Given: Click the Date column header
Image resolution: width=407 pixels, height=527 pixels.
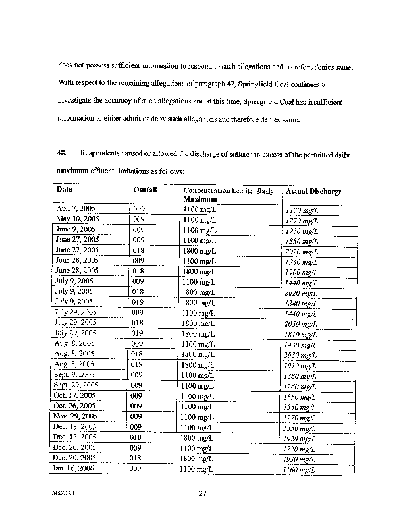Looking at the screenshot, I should click(x=65, y=189).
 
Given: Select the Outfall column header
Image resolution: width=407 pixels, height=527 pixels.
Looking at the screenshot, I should click(x=145, y=189).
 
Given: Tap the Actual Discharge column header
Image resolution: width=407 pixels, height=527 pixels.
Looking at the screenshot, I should click(x=313, y=191).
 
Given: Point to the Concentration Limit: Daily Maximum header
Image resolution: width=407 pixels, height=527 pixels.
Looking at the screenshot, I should click(x=228, y=194).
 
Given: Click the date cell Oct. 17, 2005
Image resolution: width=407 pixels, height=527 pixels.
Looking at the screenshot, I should click(x=75, y=396).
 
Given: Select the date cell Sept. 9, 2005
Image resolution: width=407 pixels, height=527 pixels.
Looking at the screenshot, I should click(x=74, y=374).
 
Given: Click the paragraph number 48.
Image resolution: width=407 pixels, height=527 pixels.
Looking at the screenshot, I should click(x=61, y=155).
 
